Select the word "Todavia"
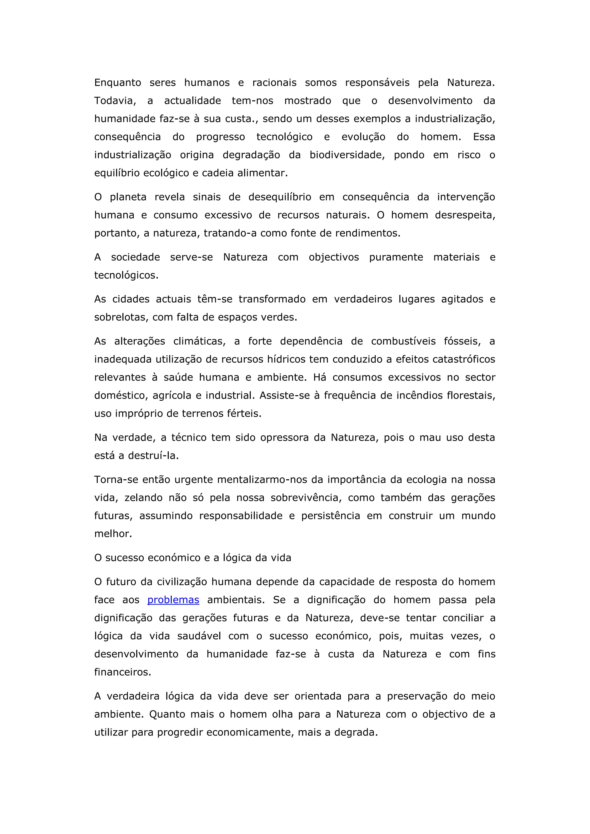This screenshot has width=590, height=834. click(x=114, y=101)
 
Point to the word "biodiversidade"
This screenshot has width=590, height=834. click(x=347, y=155)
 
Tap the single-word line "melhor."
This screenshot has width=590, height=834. click(x=113, y=534)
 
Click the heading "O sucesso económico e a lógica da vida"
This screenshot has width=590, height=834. click(x=192, y=558)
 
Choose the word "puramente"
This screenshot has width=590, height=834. click(x=396, y=257)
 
